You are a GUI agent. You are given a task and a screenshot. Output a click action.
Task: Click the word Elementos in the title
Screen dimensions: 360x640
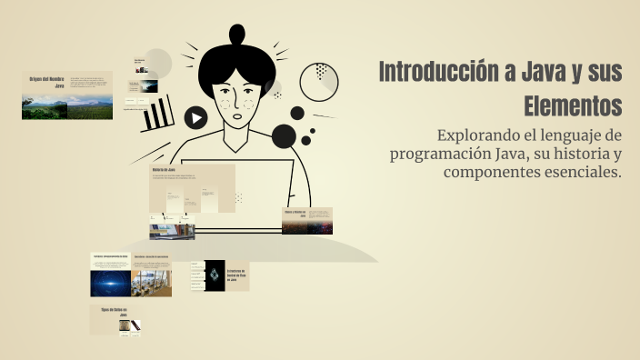pos(572,105)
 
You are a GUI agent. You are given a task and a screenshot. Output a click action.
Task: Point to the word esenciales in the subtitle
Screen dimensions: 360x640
pos(582,173)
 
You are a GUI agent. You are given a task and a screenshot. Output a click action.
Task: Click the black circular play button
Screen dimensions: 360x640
pos(195,117)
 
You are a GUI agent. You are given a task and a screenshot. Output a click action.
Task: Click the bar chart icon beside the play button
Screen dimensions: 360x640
pos(159,114)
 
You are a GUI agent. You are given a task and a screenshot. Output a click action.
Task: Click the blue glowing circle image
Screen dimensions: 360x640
pos(111,283)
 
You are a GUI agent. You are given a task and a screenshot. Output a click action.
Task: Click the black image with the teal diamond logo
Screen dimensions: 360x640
pos(214,275)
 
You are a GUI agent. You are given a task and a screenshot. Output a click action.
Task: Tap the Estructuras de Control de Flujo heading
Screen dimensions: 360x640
pos(237,275)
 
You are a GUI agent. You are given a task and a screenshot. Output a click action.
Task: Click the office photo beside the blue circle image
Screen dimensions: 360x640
pos(153,283)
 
